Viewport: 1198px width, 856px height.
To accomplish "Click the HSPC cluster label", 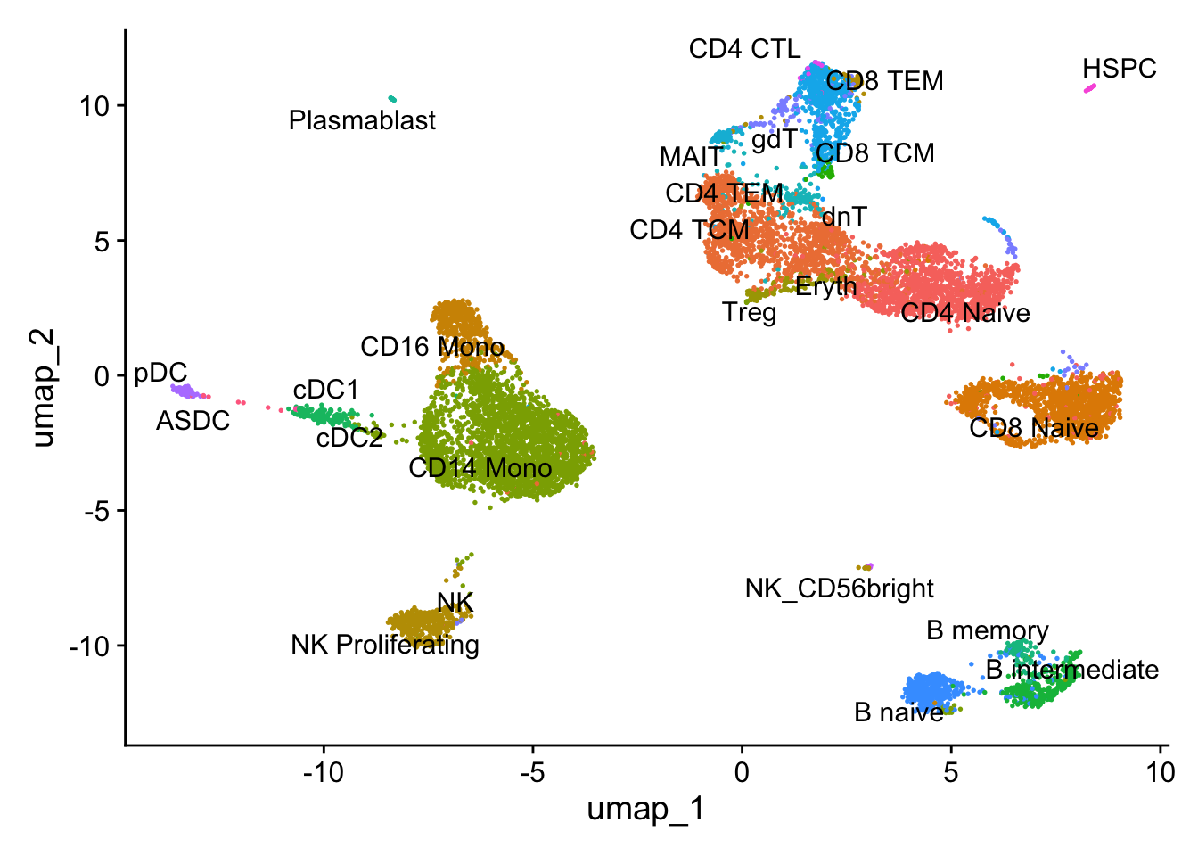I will tap(1119, 69).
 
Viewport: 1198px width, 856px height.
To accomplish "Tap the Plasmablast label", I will tap(362, 120).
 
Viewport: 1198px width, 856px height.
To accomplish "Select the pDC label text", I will tap(160, 374).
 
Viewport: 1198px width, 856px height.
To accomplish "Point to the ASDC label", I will tap(193, 420).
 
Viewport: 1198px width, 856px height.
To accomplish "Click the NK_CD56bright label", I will tap(839, 588).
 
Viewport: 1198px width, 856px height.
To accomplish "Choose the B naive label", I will tap(898, 712).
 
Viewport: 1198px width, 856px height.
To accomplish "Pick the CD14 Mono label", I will tap(480, 467).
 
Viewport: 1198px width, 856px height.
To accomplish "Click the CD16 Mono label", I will tap(432, 347).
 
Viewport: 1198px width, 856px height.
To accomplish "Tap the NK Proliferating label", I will tap(385, 645).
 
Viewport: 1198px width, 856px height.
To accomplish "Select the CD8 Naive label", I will tap(1034, 428).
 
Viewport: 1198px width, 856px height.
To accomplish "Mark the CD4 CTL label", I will tap(744, 49).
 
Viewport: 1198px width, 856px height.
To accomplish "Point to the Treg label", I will tap(749, 313).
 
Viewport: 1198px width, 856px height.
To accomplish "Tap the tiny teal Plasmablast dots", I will tap(391, 99).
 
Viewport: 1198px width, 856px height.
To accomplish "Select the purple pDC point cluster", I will tap(184, 391).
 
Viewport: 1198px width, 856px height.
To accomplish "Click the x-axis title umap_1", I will tap(645, 809).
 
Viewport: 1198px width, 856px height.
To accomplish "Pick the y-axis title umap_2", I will tap(43, 387).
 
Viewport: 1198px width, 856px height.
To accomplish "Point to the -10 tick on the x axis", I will tap(323, 772).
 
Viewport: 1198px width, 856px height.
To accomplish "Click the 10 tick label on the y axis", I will tap(94, 106).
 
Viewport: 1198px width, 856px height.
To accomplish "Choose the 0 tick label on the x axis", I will tap(742, 772).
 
